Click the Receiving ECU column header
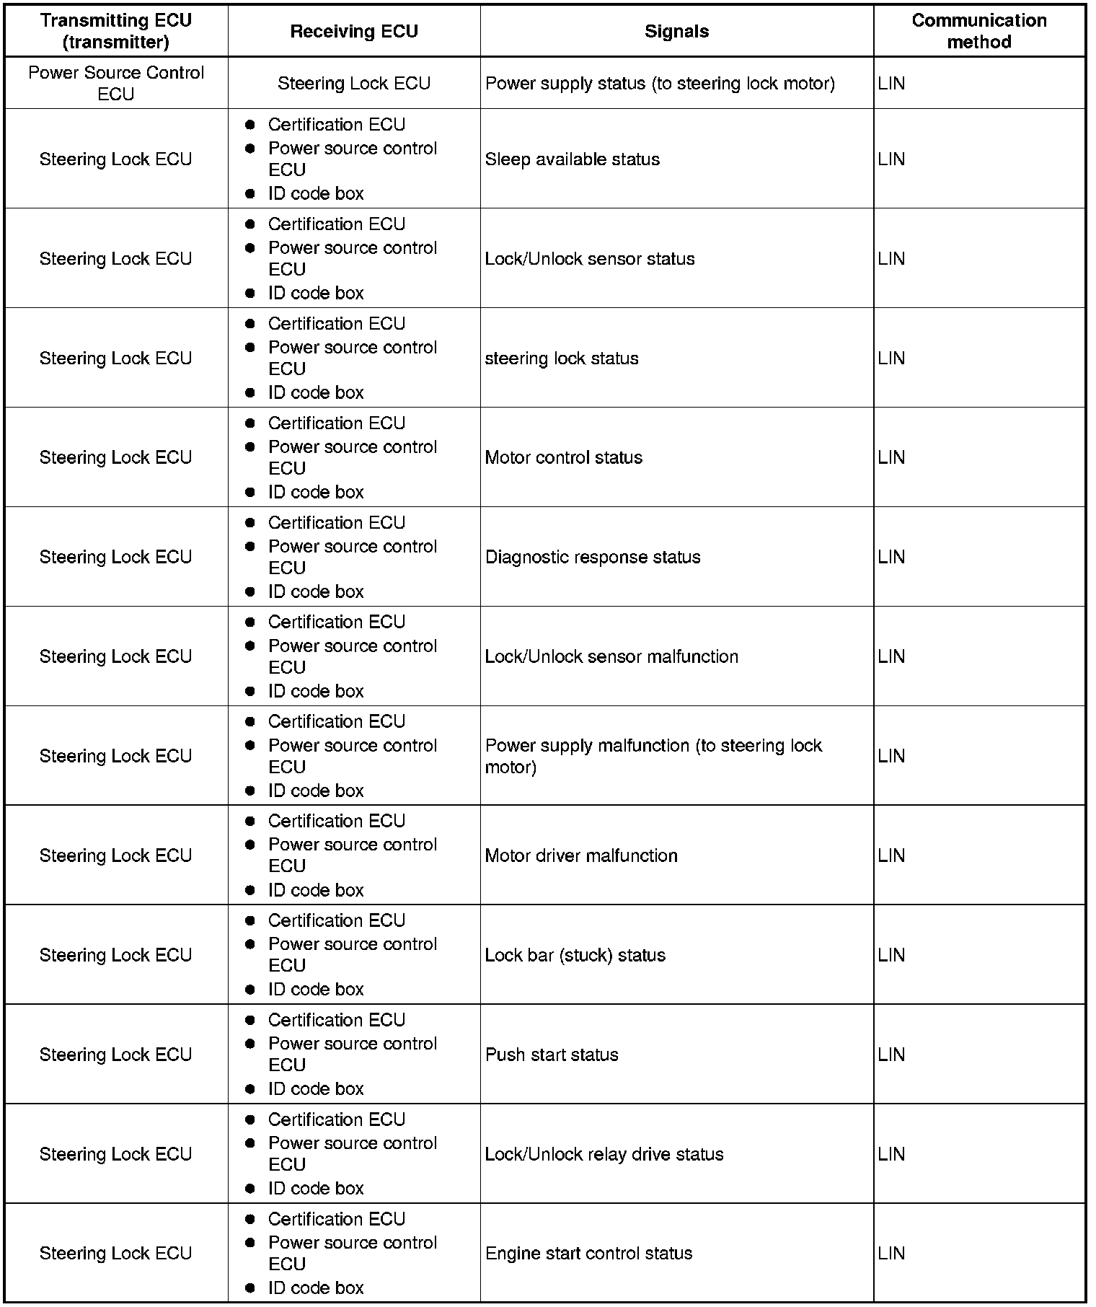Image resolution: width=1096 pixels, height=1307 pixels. coord(354,31)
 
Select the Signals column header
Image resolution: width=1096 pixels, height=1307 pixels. coord(676,31)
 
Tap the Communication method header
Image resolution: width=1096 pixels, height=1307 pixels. coord(978,31)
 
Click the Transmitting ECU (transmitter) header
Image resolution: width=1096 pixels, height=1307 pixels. coord(116,31)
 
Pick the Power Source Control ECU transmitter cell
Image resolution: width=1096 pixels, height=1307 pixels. coord(116,83)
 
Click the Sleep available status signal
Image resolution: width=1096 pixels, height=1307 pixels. coord(573,159)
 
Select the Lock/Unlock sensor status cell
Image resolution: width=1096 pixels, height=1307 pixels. coord(590,258)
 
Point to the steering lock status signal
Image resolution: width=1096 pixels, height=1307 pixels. coord(562,358)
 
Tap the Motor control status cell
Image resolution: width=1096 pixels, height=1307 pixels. coord(564,457)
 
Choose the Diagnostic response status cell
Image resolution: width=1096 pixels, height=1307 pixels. coord(593,557)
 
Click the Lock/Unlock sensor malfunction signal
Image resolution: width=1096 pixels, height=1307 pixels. coord(611,656)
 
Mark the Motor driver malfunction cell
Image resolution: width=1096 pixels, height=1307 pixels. coord(581,855)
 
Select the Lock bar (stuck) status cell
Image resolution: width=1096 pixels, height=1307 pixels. coord(575,955)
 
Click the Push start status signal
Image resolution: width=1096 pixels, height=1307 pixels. coord(552,1055)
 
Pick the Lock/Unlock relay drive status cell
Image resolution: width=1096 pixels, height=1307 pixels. coord(604,1154)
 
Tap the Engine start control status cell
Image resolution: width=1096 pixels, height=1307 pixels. coord(588,1253)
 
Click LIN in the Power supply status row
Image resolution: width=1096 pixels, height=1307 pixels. coord(891,83)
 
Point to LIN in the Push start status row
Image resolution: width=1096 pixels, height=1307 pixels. coord(891,1055)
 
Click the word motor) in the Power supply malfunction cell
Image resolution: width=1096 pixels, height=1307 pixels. coord(511,767)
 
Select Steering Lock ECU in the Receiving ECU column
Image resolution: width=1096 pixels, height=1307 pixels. coord(354,83)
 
